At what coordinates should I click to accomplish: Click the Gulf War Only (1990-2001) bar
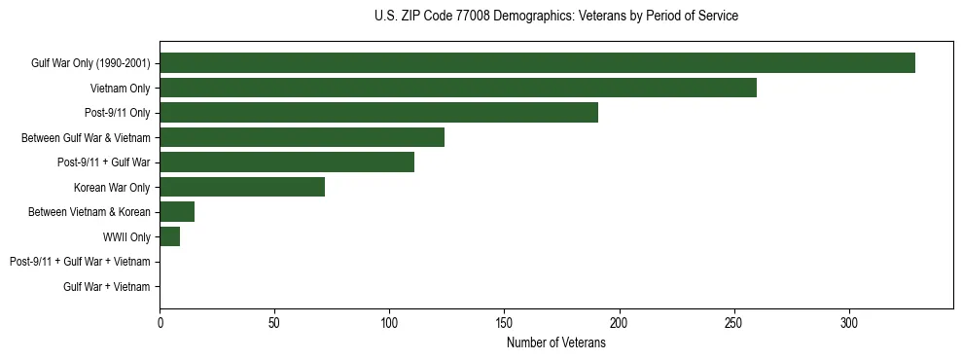[x=537, y=62]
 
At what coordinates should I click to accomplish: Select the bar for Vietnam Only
[x=458, y=88]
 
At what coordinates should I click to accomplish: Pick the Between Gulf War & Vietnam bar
[x=302, y=137]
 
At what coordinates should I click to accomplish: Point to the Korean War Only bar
[x=242, y=187]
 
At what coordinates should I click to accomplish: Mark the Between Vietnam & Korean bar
[x=177, y=211]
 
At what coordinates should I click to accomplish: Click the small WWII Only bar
[x=170, y=236]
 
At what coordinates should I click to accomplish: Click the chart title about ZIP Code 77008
[x=555, y=17]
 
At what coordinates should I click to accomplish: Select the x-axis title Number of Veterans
[x=555, y=343]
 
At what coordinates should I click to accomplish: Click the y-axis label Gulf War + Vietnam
[x=106, y=286]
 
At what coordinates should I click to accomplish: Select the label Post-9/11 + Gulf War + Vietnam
[x=80, y=262]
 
